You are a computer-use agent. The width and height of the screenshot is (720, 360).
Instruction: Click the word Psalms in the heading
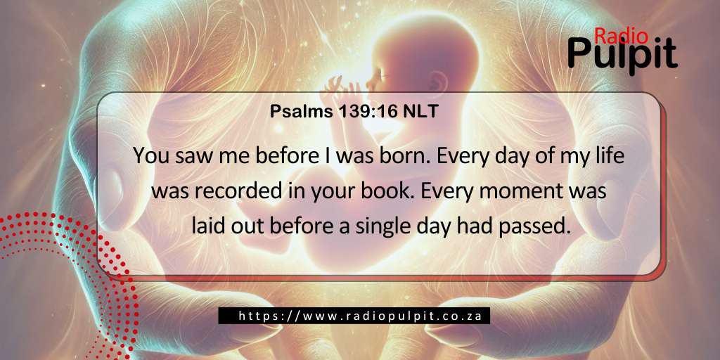tap(294, 112)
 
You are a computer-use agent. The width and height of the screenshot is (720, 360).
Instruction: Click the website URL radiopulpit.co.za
tap(360, 316)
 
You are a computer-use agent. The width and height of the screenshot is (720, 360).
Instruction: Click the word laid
tap(207, 227)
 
